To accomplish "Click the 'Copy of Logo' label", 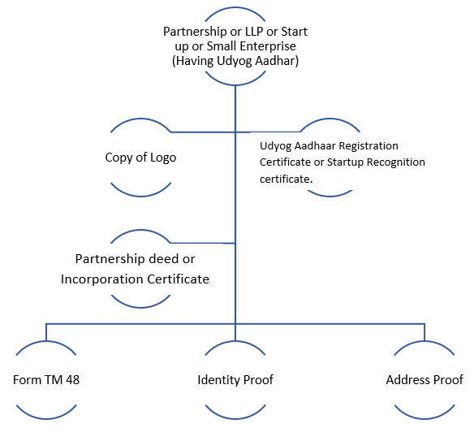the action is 140,158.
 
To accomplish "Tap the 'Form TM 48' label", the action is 46,380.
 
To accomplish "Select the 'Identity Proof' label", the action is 235,380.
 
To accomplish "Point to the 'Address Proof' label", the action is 424,380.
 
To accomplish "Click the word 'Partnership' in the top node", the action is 195,32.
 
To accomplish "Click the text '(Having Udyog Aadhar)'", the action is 235,61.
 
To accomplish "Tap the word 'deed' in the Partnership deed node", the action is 164,259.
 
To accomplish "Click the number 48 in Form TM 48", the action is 72,380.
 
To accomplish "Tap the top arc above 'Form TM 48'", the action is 46,342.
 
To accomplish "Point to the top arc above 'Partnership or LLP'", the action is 235,8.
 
